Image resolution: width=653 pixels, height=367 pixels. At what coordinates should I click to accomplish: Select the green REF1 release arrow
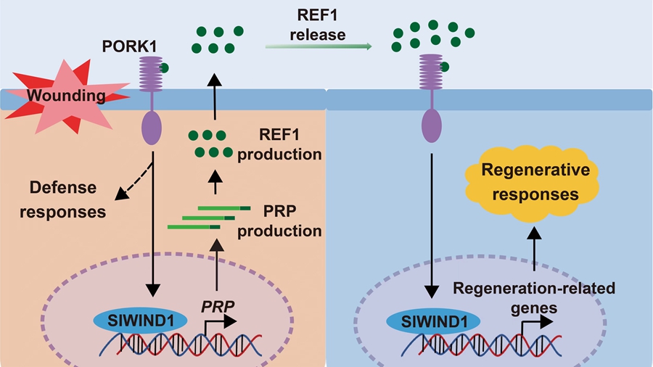pyautogui.click(x=319, y=46)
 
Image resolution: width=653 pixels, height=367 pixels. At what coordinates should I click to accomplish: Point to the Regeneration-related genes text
pyautogui.click(x=534, y=297)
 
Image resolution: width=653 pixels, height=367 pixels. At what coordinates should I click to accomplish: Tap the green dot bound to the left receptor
pyautogui.click(x=166, y=69)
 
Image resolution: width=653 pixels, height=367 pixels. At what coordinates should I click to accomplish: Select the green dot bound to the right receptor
pyautogui.click(x=445, y=67)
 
